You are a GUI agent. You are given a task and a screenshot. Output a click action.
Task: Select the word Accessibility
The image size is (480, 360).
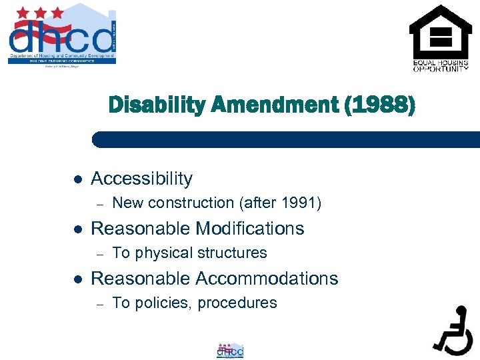click(x=141, y=179)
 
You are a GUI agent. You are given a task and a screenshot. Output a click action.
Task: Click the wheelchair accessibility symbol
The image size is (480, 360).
click(x=453, y=329)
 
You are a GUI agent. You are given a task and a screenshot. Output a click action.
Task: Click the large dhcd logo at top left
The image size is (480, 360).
click(x=62, y=35)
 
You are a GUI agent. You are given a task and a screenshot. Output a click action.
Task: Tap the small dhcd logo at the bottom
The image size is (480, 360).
click(x=230, y=350)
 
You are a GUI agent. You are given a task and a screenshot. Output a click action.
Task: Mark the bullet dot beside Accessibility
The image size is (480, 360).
click(x=77, y=179)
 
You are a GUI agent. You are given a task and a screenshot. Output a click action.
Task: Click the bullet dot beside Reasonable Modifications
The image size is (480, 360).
click(x=77, y=229)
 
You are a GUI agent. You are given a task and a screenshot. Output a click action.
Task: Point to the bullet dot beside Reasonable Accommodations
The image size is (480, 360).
click(x=77, y=279)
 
